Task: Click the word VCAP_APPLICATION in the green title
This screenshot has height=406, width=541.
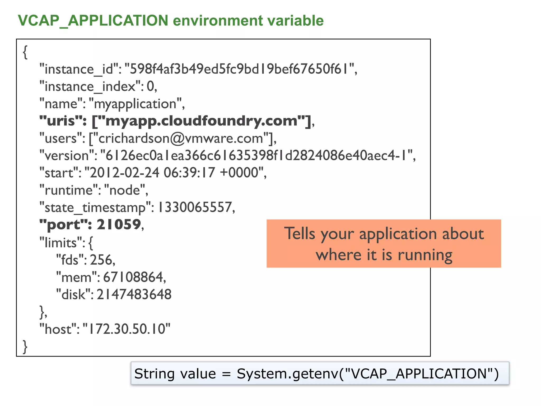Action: [93, 21]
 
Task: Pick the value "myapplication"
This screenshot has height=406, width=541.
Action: [135, 104]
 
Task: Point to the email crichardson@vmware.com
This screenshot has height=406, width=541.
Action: [181, 138]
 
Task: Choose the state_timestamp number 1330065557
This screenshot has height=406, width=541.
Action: [195, 207]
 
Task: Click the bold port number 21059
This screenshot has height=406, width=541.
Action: [119, 225]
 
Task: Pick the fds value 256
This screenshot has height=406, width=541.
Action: [101, 260]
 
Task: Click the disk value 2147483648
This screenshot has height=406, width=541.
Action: [134, 294]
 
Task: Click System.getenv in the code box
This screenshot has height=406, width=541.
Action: [287, 374]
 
